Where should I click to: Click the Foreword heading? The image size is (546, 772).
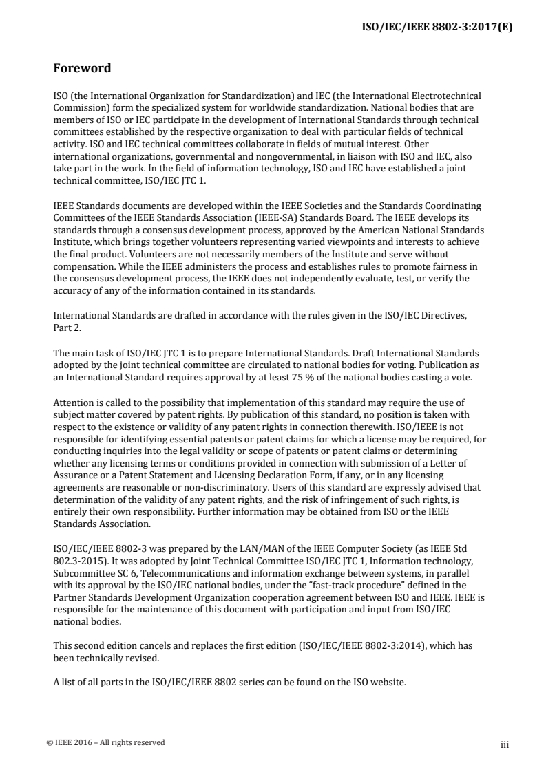point(82,69)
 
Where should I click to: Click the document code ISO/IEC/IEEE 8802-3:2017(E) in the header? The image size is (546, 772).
point(437,28)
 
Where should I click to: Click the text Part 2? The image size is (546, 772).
point(67,328)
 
